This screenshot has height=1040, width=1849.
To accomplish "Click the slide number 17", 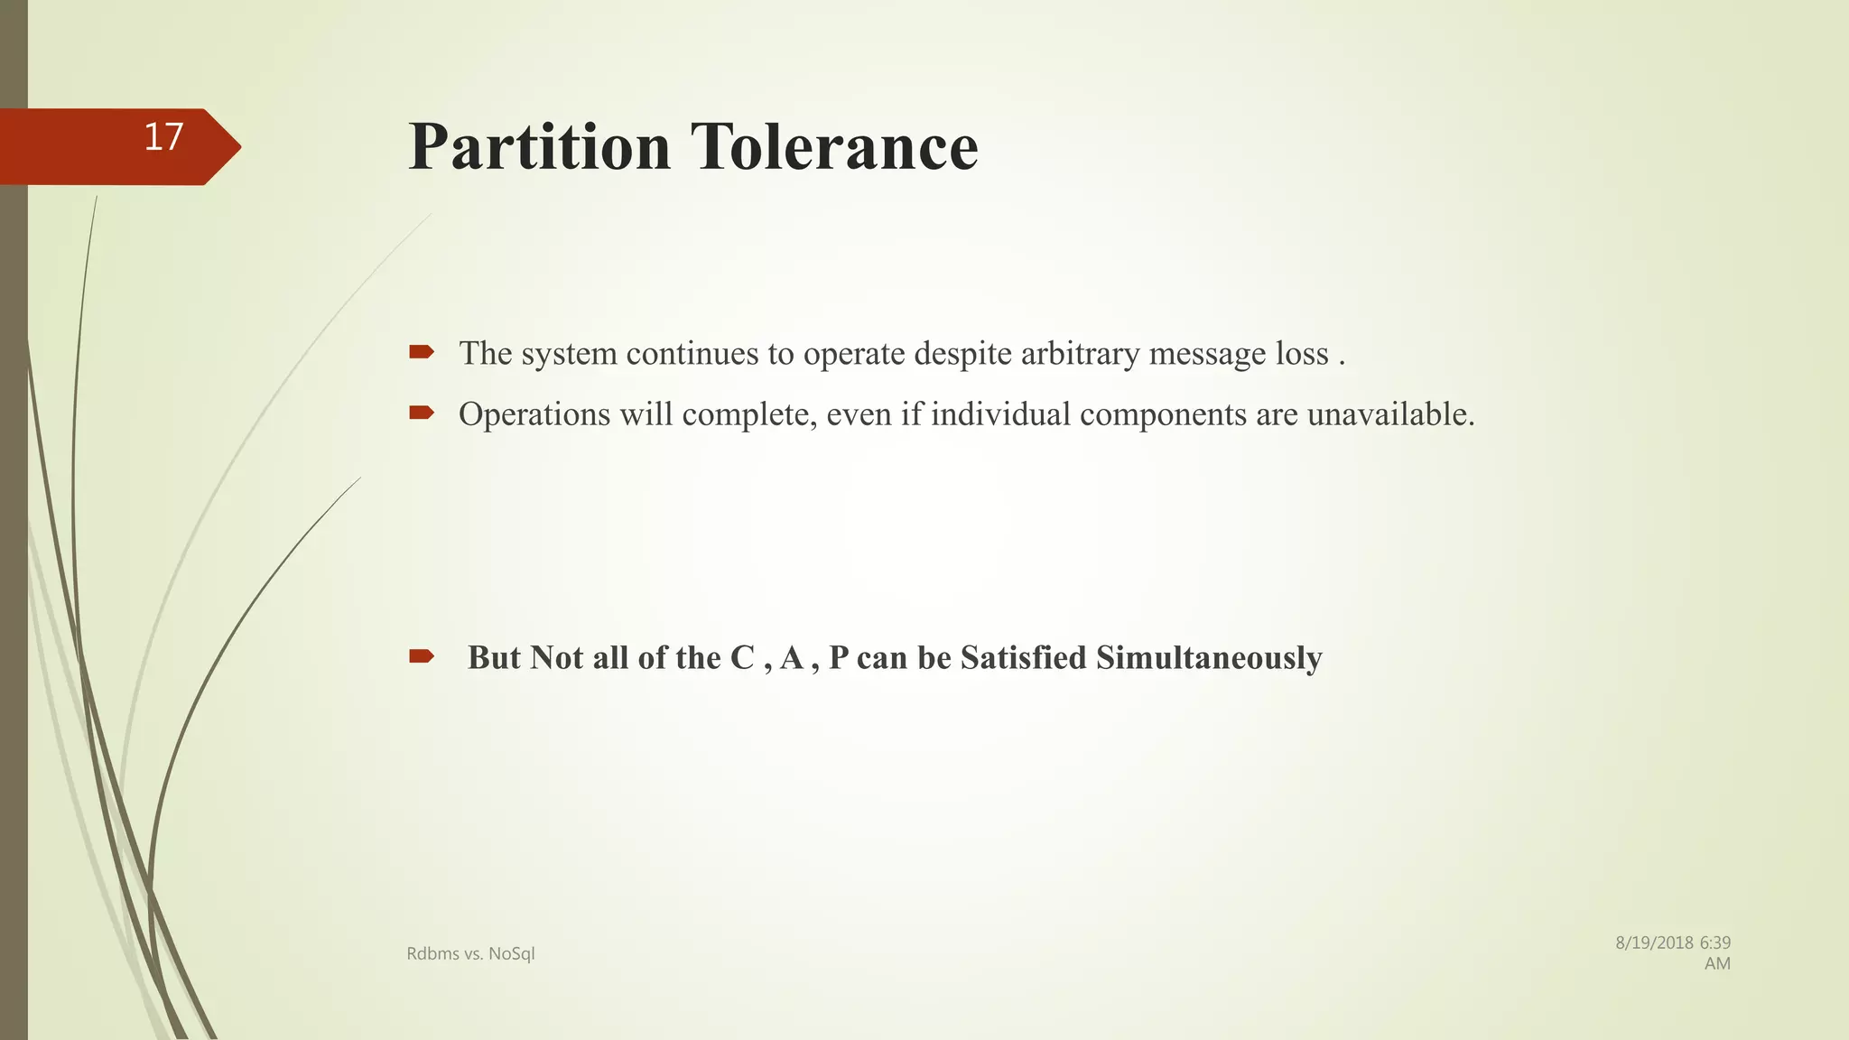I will [163, 137].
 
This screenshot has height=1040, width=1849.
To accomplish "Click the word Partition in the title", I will [539, 146].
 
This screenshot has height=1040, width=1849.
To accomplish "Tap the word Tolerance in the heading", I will [834, 146].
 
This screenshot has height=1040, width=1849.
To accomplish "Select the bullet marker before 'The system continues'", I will [421, 352].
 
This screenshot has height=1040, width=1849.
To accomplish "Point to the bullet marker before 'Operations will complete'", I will [421, 413].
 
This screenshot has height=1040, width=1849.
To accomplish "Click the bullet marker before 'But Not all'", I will [421, 656].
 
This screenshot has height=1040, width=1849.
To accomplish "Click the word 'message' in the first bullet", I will [1206, 353].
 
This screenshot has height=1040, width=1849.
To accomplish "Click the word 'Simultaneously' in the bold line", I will [1209, 658].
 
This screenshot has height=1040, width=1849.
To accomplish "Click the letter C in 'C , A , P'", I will [742, 658].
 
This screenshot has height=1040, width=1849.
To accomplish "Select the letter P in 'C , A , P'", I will [839, 658].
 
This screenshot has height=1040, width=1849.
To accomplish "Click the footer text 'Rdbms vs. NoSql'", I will [470, 953].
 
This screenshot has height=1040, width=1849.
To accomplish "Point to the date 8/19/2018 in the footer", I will [1654, 943].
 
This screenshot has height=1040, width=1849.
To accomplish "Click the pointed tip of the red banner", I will [238, 147].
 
